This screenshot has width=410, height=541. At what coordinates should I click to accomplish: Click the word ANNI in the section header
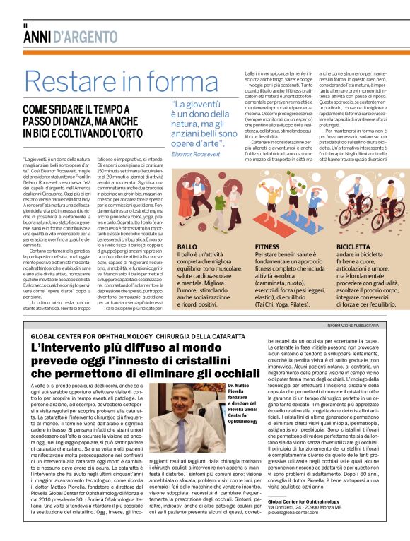37,37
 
